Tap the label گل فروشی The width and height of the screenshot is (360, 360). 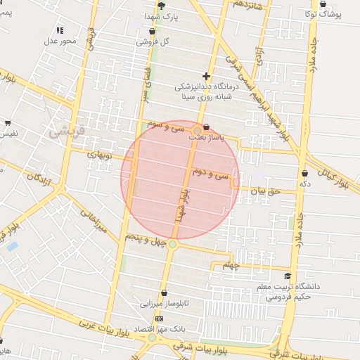pos(155,41)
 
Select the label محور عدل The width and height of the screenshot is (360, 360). pos(60,41)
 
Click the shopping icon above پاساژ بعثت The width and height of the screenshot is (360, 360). pos(206,128)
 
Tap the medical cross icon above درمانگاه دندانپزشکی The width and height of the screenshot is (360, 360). pos(206,75)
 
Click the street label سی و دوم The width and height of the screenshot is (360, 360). pos(211,172)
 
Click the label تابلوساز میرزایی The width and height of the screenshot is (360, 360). pos(164,305)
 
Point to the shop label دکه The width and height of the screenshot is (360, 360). pos(304,184)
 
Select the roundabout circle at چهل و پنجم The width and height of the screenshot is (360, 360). pos(172,244)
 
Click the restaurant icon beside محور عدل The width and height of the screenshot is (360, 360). pos(60,30)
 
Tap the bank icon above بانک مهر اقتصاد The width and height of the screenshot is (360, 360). pos(158,319)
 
